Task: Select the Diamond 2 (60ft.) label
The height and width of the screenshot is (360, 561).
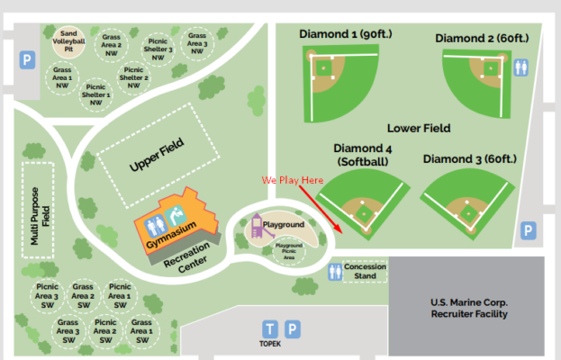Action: [x=475, y=38]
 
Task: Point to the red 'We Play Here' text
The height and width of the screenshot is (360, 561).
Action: [x=292, y=180]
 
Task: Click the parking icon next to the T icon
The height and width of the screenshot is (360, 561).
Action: [x=293, y=328]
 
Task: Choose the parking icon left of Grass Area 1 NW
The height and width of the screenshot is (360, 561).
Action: [x=27, y=61]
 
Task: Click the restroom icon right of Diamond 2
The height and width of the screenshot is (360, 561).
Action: [x=522, y=67]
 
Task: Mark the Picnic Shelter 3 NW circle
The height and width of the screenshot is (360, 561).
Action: [x=158, y=49]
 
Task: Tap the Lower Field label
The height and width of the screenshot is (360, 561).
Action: [x=419, y=128]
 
